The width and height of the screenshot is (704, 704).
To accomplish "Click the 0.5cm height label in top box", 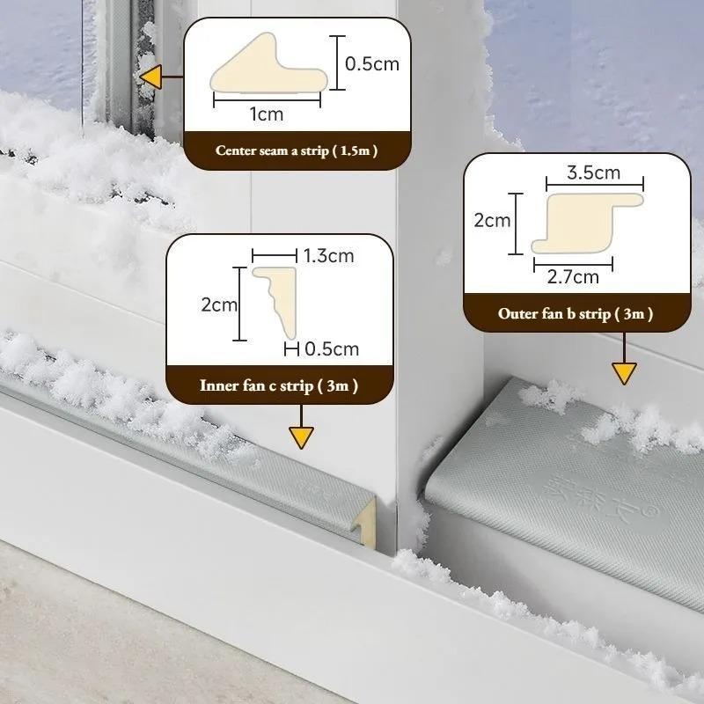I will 372,63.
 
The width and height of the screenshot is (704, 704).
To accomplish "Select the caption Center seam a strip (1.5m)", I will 297,150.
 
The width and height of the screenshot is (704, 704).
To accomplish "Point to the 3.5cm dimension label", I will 594,172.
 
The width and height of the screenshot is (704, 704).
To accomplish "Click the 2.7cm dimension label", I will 573,277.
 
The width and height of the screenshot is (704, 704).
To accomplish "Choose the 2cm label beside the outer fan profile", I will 492,220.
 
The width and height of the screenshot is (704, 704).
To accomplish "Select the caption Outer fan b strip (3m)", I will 576,313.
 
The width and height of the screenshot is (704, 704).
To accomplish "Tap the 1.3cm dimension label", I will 327,256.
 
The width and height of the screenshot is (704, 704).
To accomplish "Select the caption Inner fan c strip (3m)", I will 279,385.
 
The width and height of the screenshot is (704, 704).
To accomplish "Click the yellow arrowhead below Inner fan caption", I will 301,437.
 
